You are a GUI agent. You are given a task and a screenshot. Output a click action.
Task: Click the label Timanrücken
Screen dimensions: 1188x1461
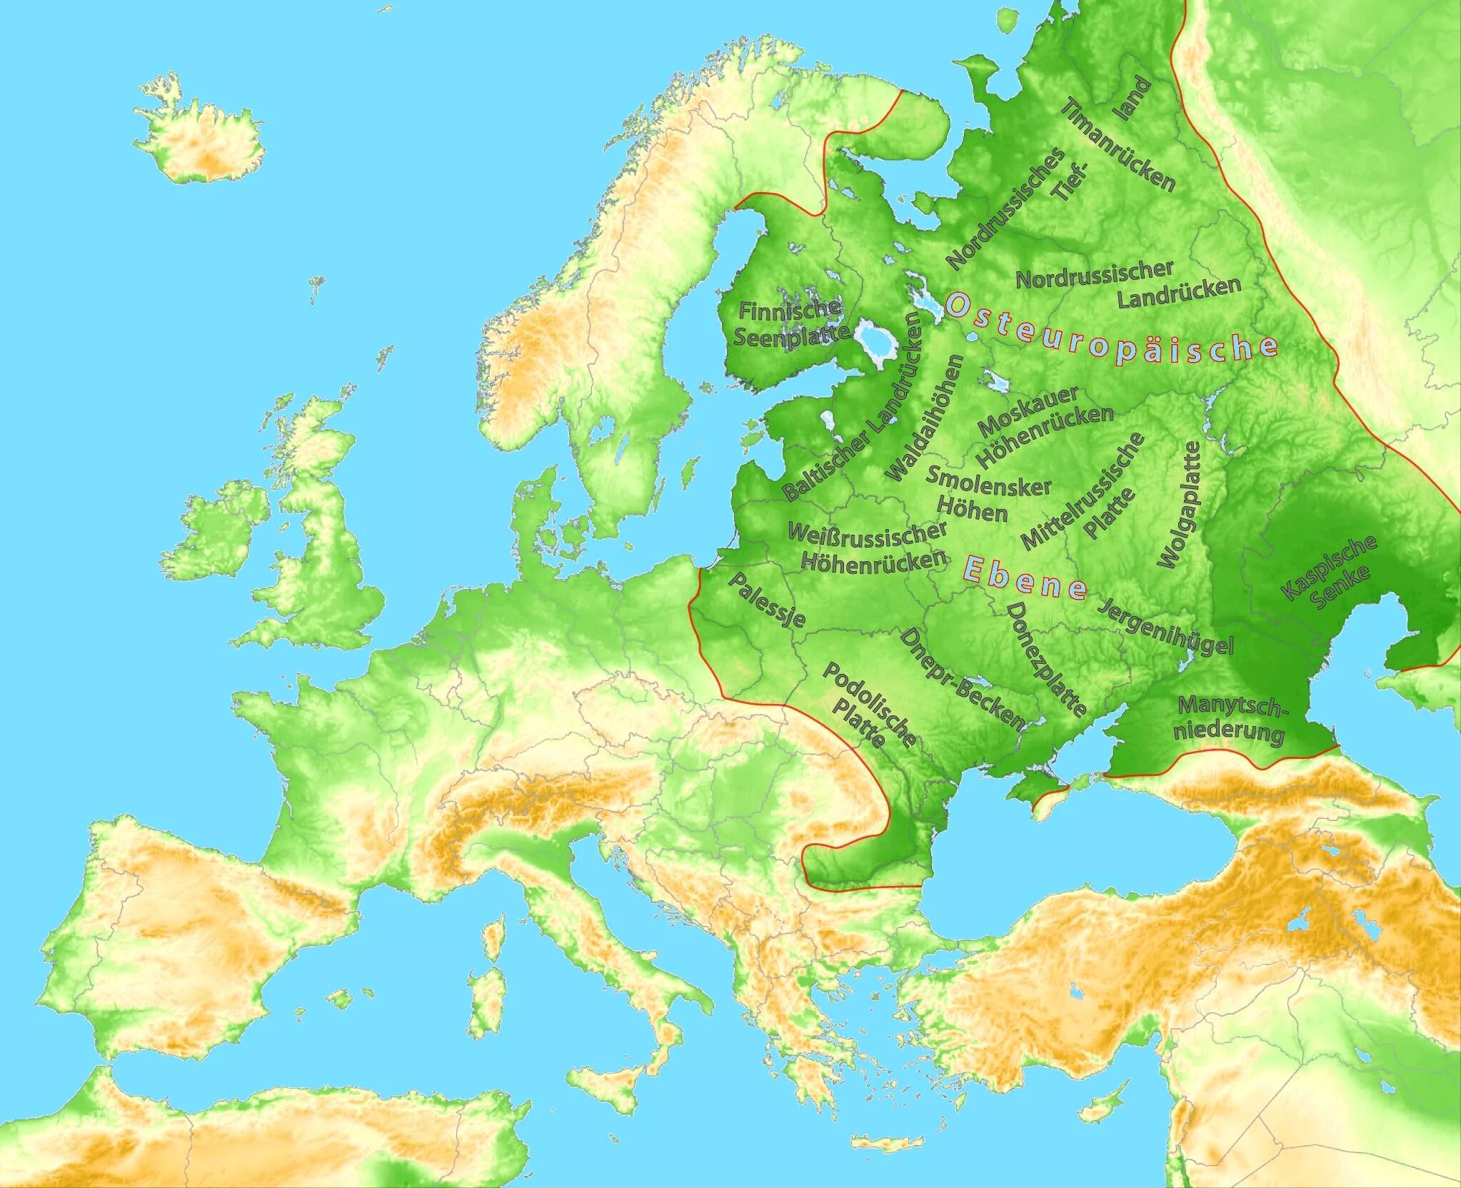pos(1118,146)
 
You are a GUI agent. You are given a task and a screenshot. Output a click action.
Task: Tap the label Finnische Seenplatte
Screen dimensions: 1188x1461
pos(790,323)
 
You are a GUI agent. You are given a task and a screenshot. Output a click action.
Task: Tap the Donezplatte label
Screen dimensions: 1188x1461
pos(1045,658)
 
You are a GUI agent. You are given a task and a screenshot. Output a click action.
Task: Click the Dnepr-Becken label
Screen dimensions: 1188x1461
pos(961,678)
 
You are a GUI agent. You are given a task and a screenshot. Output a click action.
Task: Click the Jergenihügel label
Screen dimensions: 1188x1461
pos(1165,627)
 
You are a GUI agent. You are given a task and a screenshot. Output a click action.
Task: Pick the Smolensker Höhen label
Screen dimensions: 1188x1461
pos(988,493)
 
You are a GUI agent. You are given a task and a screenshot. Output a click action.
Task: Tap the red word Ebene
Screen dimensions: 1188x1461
pos(1025,578)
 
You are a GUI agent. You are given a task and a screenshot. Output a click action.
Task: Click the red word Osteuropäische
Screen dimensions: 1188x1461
pos(1111,329)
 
